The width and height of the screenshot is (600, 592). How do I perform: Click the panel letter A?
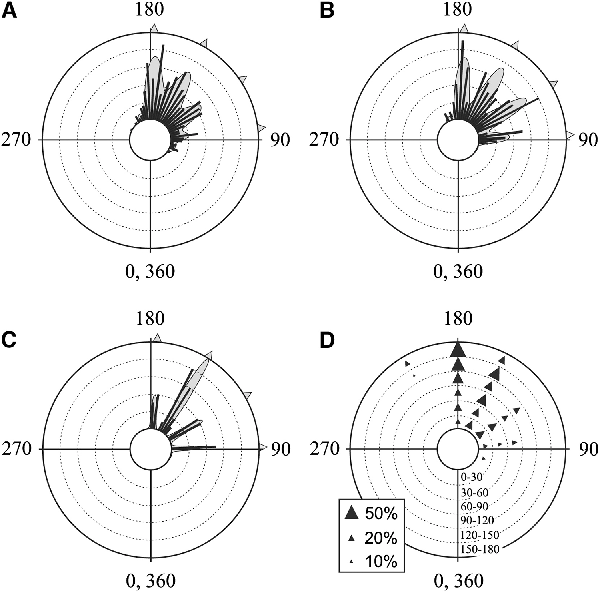9,11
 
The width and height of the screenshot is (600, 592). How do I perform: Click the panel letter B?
327,11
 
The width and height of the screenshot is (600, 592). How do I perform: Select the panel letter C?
9,340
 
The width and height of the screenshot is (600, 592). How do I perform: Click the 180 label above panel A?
150,9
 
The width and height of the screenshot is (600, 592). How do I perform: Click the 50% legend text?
381,514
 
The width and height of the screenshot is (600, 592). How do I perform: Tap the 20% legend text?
381,538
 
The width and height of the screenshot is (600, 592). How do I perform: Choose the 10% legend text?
381,562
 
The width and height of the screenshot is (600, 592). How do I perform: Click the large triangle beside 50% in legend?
352,513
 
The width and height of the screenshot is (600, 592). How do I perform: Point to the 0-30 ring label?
472,477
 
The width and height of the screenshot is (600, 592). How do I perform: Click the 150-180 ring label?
480,550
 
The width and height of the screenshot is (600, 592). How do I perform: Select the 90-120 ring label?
477,520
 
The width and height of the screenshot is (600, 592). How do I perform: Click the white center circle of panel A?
150,140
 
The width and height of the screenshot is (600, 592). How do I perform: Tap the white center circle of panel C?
150,449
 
